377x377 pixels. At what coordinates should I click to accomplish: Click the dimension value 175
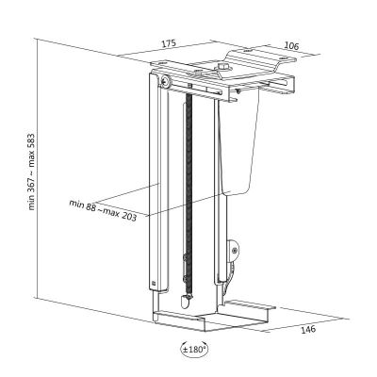[169, 43]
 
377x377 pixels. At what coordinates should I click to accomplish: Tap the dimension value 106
[291, 46]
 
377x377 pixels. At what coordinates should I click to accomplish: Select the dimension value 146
[308, 330]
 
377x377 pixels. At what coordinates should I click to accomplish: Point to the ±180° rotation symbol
[194, 349]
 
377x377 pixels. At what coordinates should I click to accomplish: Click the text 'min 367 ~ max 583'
[32, 172]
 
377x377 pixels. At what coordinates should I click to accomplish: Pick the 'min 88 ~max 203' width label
[103, 210]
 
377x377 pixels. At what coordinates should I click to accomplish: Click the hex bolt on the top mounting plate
[223, 67]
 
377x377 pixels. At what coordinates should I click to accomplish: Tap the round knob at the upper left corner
[165, 81]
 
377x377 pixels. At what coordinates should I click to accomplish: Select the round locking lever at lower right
[233, 251]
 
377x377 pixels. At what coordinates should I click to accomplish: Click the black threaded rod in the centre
[188, 195]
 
